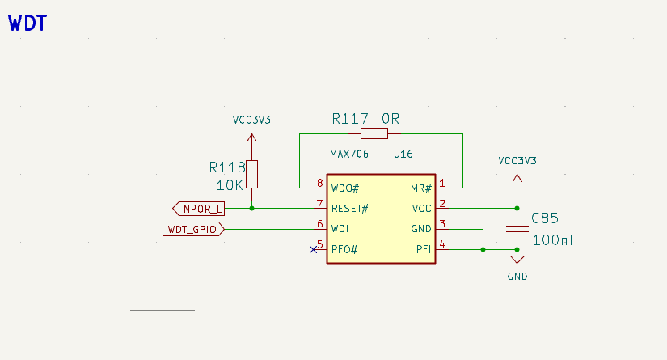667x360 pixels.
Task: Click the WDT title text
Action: pos(27,23)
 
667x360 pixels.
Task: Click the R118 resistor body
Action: pos(252,174)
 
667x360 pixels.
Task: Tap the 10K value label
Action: pos(230,184)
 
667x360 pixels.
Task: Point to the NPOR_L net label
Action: pos(199,209)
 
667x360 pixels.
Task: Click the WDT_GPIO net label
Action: pos(192,230)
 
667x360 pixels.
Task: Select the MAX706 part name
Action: pos(349,154)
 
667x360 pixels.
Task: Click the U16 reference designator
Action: pos(403,154)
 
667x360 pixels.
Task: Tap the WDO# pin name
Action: pos(345,188)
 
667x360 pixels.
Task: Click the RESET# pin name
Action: pos(350,209)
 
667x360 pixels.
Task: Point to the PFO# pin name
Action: pos(344,249)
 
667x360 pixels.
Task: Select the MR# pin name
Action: pos(421,188)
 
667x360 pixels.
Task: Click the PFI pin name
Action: pos(424,249)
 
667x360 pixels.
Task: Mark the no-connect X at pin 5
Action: pos(314,249)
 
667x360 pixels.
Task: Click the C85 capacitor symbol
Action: pos(517,229)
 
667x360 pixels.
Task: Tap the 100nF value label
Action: pos(554,240)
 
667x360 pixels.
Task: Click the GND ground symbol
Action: pos(517,260)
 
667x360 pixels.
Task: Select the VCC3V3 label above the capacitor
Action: pos(517,160)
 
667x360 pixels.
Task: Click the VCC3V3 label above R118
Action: pos(251,120)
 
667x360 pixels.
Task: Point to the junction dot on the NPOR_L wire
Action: pos(252,209)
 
